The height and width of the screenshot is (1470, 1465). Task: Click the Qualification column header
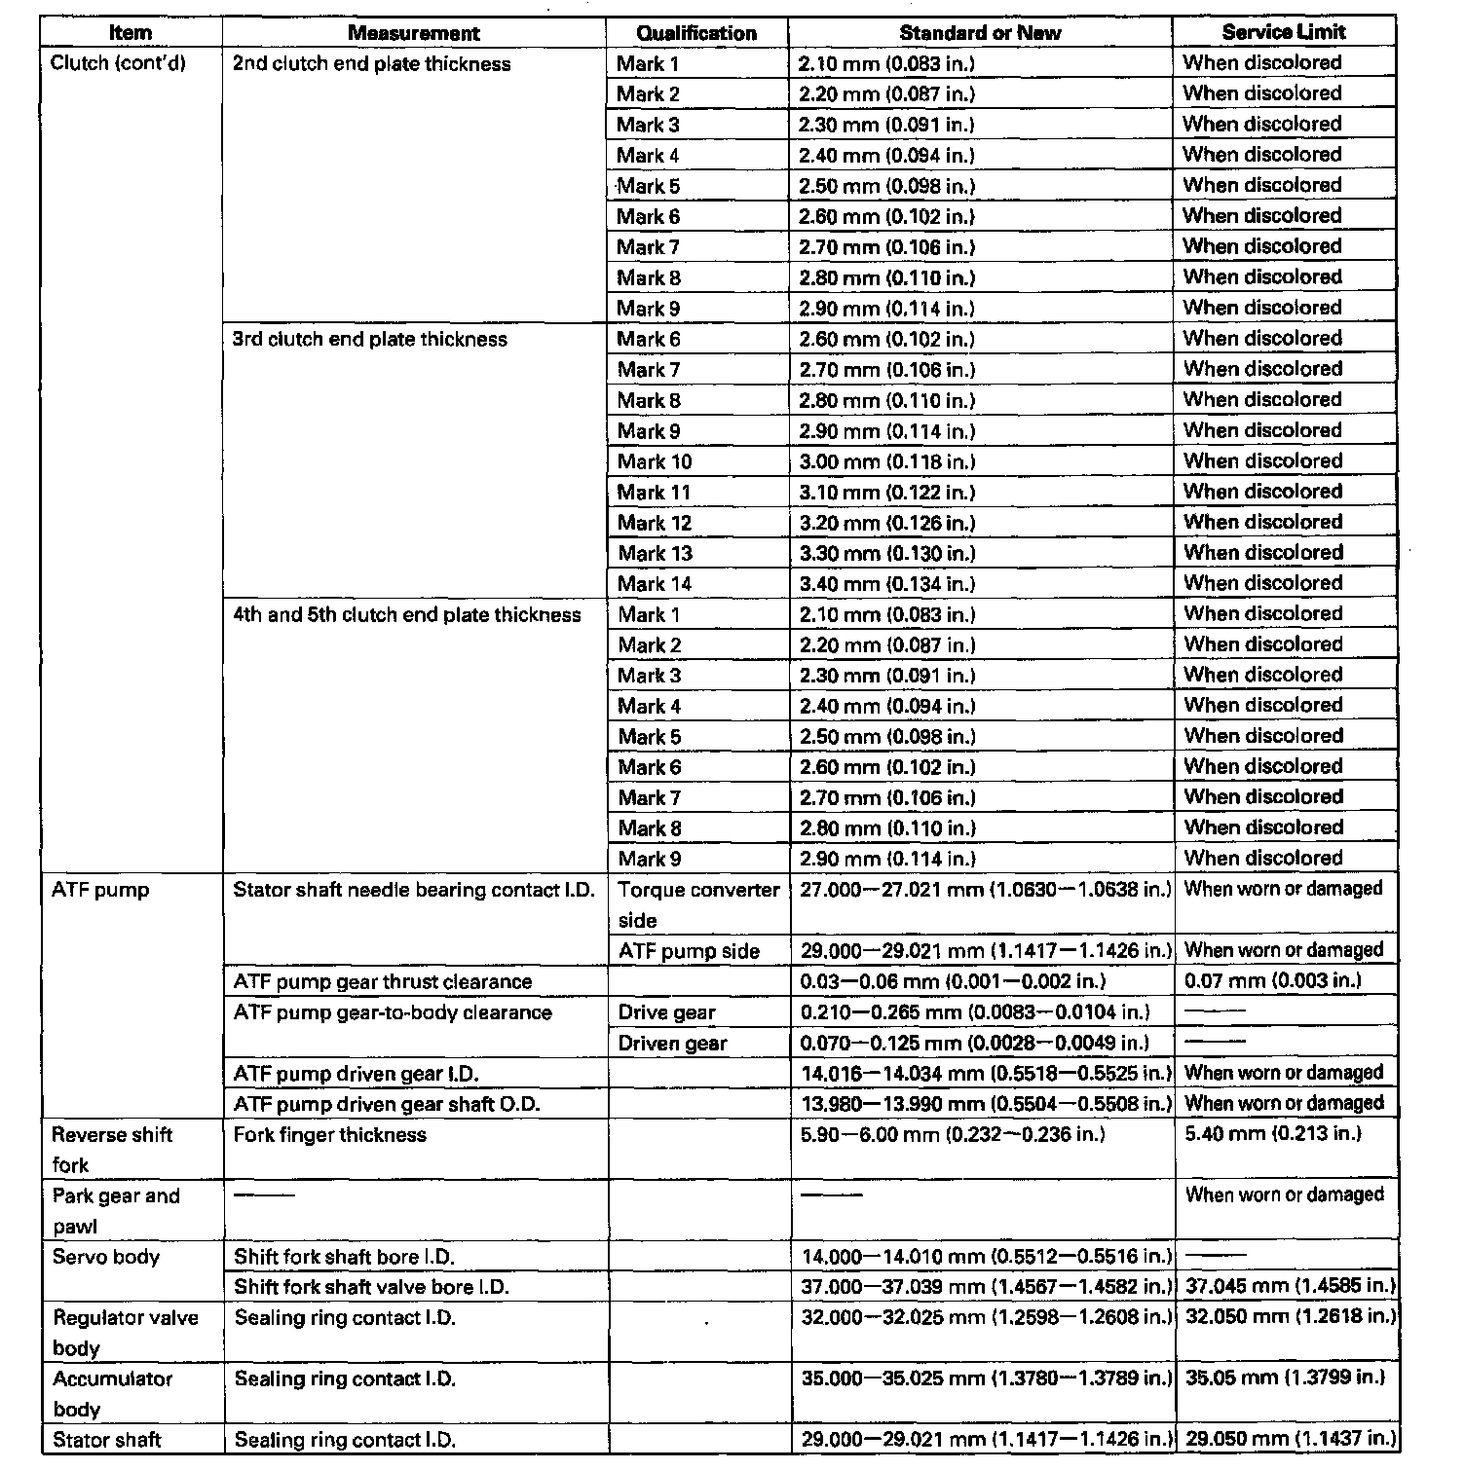[696, 33]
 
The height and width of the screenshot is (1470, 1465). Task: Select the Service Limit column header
[1284, 32]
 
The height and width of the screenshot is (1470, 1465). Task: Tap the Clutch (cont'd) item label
[118, 63]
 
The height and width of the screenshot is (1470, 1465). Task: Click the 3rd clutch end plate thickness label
[370, 339]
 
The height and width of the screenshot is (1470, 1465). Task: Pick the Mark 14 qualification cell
[655, 584]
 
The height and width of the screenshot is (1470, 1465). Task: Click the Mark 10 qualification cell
[655, 461]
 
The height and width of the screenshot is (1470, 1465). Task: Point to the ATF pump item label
[100, 890]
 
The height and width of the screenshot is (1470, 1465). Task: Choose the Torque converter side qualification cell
[698, 904]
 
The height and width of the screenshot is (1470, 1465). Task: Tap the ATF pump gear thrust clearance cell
[383, 981]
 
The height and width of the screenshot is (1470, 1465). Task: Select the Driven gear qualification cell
[672, 1043]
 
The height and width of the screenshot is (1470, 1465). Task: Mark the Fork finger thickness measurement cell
[330, 1134]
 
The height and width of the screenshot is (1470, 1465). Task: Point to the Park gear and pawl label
[116, 1210]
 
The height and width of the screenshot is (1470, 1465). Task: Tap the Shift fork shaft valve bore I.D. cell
[372, 1287]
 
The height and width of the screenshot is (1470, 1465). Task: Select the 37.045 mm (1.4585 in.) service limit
[1290, 1286]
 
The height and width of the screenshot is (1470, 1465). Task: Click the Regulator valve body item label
[125, 1333]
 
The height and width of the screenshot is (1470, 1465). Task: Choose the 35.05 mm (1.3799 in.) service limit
[1286, 1378]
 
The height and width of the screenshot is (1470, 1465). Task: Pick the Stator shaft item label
[106, 1440]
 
